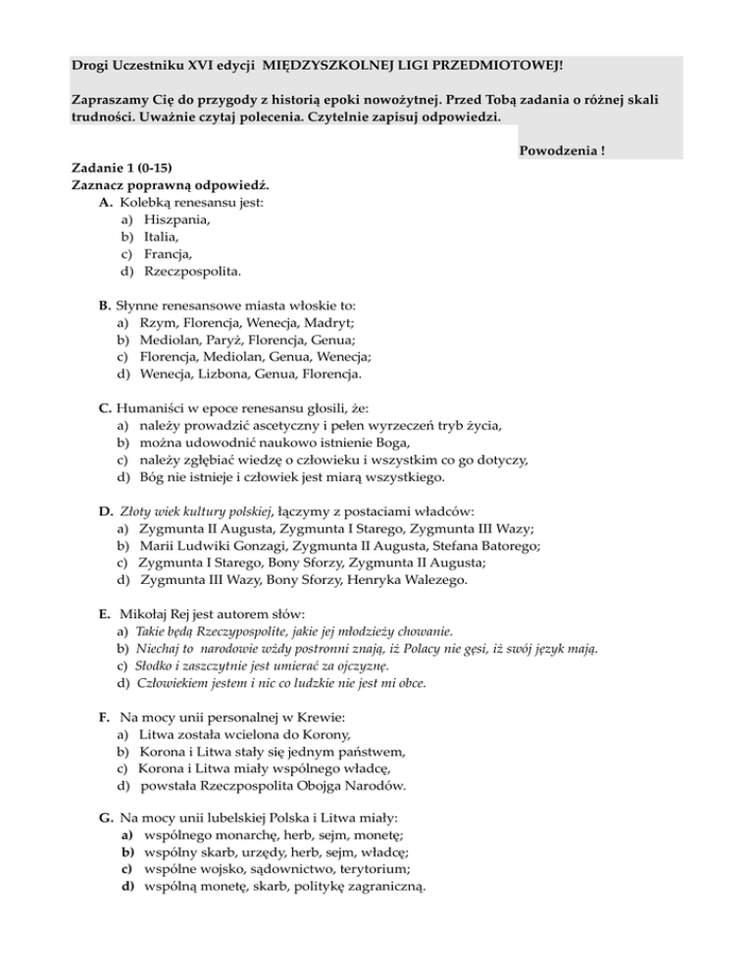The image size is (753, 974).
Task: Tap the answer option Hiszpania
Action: tap(176, 220)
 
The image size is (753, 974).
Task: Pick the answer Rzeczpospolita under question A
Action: tap(192, 270)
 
